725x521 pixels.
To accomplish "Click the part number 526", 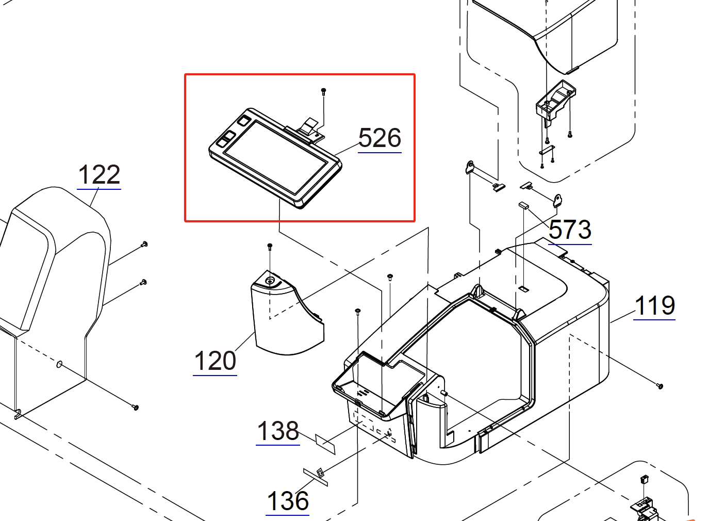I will click(x=380, y=138).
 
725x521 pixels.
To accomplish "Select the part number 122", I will click(x=99, y=175).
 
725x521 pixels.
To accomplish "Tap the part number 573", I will click(x=570, y=230).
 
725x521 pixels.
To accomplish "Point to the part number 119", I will click(x=654, y=306).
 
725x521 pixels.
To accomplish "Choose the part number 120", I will click(x=215, y=361).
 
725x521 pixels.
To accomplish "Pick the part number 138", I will click(x=278, y=431).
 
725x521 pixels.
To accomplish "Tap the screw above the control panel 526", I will click(x=323, y=91).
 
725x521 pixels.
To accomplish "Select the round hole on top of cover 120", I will click(x=270, y=281).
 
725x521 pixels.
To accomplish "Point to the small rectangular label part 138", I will click(x=325, y=443).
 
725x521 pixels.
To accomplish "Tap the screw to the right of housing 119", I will click(x=660, y=385).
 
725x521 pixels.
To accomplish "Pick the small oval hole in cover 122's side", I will click(x=59, y=365).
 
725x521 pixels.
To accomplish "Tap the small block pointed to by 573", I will click(x=523, y=205).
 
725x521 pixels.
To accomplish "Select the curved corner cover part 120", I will click(x=286, y=320).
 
